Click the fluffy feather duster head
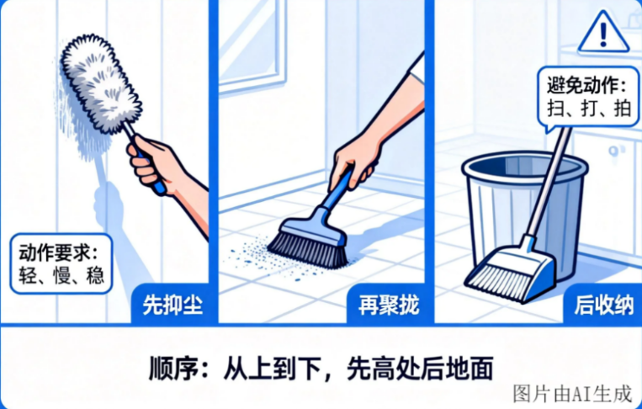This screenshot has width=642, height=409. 100,83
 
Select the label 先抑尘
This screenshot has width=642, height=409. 172,305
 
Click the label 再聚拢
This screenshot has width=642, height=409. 389,305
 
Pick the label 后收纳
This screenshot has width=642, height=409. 604,305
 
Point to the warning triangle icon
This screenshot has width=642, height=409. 603,32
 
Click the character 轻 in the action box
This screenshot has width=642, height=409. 28,274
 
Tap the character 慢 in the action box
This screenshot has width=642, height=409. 61,274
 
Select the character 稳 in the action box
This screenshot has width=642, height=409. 94,274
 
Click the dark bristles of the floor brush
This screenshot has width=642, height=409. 308,249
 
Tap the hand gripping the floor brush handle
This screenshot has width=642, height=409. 355,163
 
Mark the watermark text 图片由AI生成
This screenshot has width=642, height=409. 572,394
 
